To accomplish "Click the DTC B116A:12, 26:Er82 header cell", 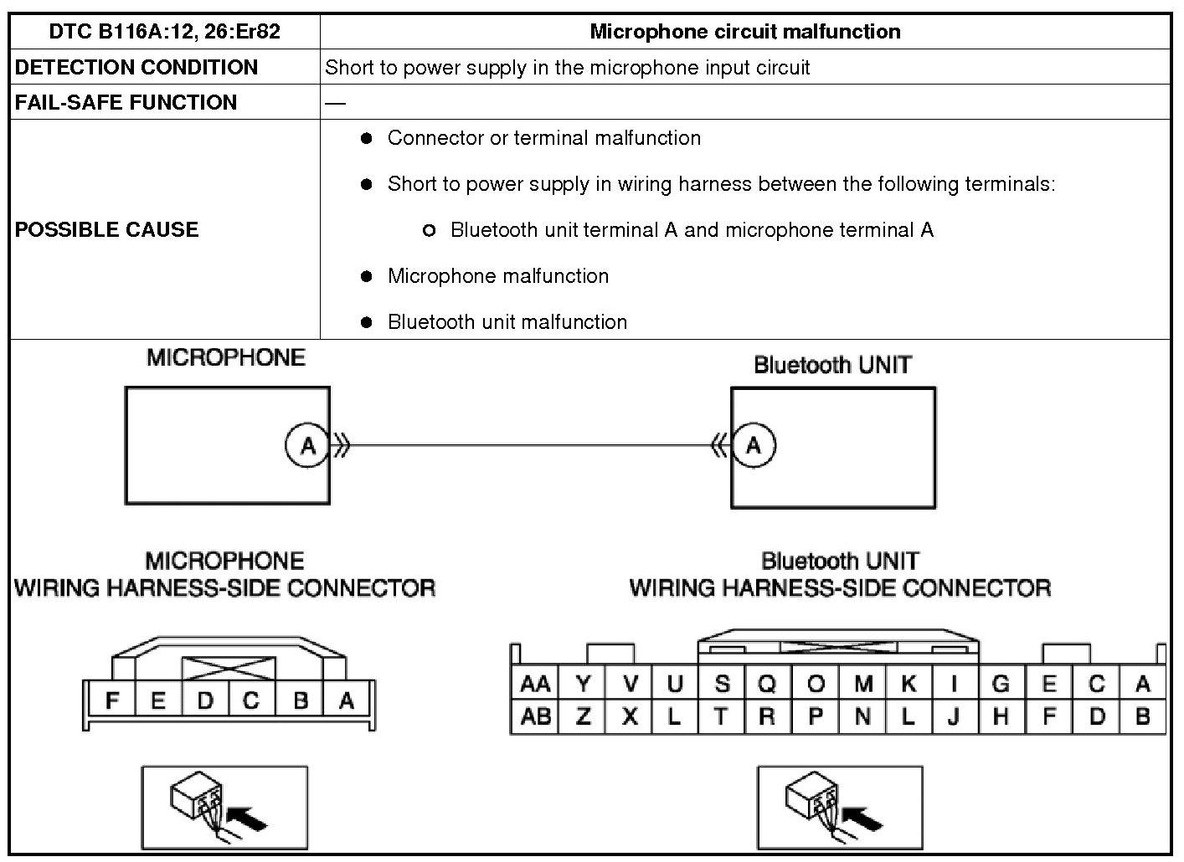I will coord(164,32).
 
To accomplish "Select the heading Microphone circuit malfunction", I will coord(744,32).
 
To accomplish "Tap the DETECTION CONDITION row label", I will coord(136,67).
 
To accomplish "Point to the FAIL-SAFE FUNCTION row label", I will coord(126,102).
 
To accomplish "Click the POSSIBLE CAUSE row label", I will coord(106,229).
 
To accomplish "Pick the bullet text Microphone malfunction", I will coord(497,276).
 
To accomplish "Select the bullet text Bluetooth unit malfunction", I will coord(507,322).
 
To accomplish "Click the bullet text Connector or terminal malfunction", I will coord(543,138).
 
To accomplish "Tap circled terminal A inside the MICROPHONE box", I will coord(307,445).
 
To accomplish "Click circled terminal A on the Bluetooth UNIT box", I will coord(754,444).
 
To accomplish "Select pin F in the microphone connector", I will coord(111,700).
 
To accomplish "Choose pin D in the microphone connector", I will coord(205,700).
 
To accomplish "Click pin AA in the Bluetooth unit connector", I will coord(535,685).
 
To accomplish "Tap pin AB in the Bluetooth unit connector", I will coord(535,717).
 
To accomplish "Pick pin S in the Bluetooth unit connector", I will coord(722,685).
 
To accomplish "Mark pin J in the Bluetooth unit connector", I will coord(953,717).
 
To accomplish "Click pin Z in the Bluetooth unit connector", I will coord(584,717).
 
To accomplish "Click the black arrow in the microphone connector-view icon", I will coord(249,817).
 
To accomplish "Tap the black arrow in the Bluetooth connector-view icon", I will coord(863,817).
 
